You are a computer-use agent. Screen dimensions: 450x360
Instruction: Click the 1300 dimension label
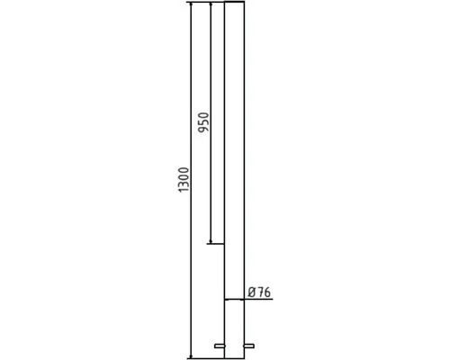click(184, 180)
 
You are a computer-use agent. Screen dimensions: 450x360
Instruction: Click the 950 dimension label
click(203, 122)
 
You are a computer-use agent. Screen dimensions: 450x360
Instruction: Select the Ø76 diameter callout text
click(260, 292)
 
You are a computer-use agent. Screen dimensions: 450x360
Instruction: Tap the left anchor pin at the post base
click(220, 346)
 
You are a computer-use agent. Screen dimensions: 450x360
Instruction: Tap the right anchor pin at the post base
click(249, 346)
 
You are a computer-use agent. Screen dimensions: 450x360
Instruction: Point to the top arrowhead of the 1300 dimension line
click(191, 4)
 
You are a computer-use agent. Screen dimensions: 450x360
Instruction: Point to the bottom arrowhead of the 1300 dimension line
click(191, 355)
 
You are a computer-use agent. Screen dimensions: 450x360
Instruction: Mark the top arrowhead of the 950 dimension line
click(211, 4)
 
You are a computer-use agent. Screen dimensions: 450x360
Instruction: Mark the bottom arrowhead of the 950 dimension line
click(211, 241)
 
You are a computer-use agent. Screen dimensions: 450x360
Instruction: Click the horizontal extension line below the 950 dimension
click(216, 244)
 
